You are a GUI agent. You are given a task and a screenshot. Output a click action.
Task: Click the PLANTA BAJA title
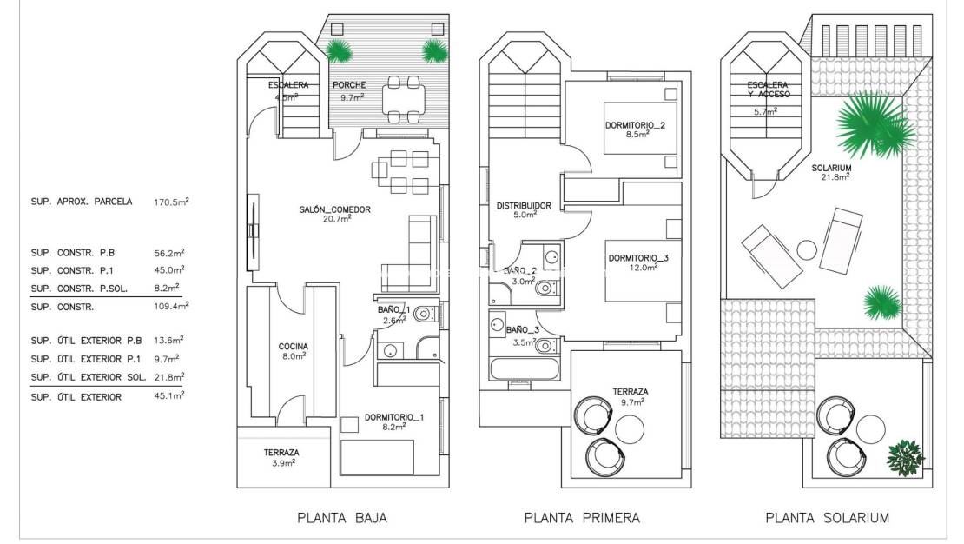point(341,518)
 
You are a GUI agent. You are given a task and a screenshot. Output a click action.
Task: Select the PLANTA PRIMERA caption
point(582,518)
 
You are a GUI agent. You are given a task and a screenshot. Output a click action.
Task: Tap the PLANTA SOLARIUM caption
point(827,518)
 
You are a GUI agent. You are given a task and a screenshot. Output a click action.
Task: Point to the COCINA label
point(293,347)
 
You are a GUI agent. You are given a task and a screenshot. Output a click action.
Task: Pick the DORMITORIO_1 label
point(394,416)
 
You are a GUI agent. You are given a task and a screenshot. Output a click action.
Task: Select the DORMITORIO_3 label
point(638,258)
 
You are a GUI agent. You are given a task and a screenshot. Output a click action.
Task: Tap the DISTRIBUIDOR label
point(524,206)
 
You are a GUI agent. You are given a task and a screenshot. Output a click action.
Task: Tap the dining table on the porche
point(403,99)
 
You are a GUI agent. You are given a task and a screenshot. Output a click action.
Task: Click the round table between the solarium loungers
point(807,250)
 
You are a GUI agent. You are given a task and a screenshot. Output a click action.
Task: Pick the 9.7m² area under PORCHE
point(351,97)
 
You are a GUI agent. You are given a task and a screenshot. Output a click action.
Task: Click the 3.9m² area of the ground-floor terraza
point(281,463)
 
